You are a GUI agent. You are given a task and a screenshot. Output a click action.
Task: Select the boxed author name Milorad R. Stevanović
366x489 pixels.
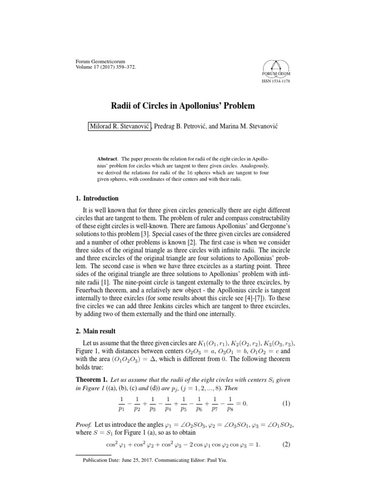click(120, 125)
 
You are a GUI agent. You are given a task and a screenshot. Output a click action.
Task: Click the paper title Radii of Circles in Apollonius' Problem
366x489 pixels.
click(183, 105)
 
